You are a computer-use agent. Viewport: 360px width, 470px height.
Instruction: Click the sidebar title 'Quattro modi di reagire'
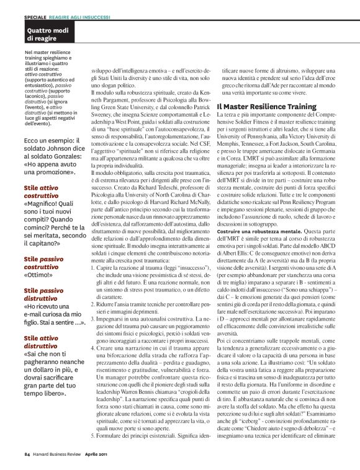pyautogui.click(x=45, y=34)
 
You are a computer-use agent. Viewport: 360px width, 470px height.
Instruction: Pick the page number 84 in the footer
pyautogui.click(x=27, y=453)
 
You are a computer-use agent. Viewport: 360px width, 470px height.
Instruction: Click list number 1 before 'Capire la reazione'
pyautogui.click(x=94, y=267)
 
